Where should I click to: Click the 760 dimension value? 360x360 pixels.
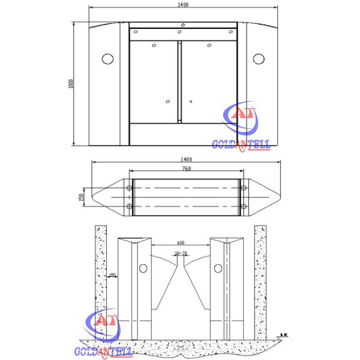[187, 169]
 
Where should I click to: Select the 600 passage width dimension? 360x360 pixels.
[181, 242]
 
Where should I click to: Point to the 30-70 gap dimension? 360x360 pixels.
[181, 254]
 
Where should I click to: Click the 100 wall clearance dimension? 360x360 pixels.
[112, 275]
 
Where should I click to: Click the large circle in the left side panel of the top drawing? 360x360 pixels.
[108, 59]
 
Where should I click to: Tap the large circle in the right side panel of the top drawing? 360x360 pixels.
[259, 58]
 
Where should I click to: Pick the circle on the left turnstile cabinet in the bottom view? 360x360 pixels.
[143, 268]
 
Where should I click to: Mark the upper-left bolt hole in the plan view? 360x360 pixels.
[129, 188]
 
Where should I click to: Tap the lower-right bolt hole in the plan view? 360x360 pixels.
[243, 207]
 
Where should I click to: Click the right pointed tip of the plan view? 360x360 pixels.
[280, 196]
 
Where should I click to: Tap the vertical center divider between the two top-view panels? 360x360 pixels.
[179, 82]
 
